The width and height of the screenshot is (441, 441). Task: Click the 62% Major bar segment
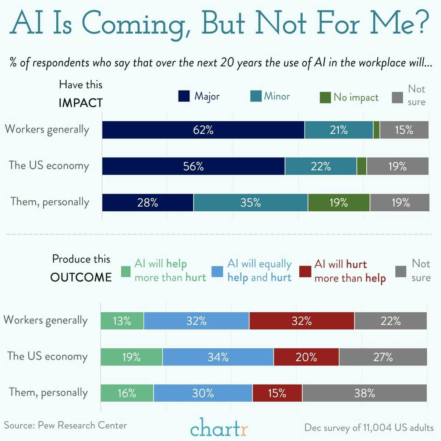pyautogui.click(x=203, y=130)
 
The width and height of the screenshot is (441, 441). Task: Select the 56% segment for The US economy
pyautogui.click(x=193, y=166)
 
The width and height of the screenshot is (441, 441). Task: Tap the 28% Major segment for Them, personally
pyautogui.click(x=148, y=202)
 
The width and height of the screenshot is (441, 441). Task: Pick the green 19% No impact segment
pyautogui.click(x=339, y=202)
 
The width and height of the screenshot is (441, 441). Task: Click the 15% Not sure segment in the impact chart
pyautogui.click(x=404, y=130)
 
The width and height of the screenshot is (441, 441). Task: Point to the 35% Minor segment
pyautogui.click(x=250, y=202)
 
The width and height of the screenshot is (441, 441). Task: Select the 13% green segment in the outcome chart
pyautogui.click(x=122, y=321)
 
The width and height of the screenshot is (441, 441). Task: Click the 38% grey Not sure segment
pyautogui.click(x=364, y=393)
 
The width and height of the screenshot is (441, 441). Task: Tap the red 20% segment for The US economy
pyautogui.click(x=306, y=357)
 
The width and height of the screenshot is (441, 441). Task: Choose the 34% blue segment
pyautogui.click(x=218, y=357)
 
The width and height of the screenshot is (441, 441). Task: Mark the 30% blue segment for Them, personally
pyautogui.click(x=203, y=393)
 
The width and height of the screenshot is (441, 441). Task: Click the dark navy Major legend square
pyautogui.click(x=184, y=96)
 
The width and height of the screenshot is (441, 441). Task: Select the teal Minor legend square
pyautogui.click(x=256, y=96)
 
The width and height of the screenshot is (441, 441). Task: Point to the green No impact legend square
pyautogui.click(x=325, y=98)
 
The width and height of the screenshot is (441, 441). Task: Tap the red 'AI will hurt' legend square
pyautogui.click(x=305, y=271)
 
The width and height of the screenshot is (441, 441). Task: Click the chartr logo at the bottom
pyautogui.click(x=219, y=428)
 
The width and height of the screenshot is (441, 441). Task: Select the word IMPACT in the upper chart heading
pyautogui.click(x=81, y=103)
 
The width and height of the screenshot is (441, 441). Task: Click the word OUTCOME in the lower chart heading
pyautogui.click(x=81, y=277)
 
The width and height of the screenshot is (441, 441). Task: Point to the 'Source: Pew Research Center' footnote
pyautogui.click(x=66, y=426)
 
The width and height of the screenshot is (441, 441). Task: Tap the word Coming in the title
pyautogui.click(x=138, y=23)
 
